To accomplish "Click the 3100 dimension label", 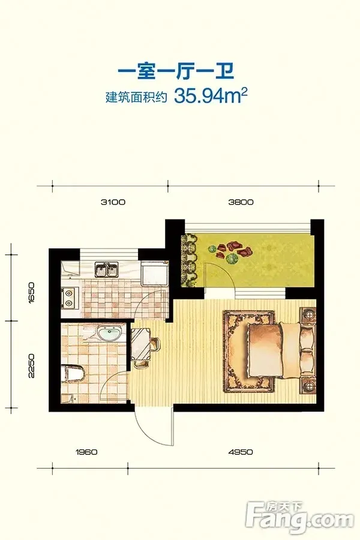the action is coord(113,202).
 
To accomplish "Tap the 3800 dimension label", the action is coord(241,202).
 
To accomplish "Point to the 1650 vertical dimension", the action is coord(32,292).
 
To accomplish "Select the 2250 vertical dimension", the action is coord(32,365).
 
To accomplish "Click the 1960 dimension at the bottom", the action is coord(86,451).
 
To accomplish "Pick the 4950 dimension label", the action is coord(241,451).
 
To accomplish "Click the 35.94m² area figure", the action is coord(211,95).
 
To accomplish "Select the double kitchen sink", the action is coord(107,269).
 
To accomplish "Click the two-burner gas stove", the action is coord(70,298).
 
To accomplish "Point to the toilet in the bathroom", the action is coord(73,374).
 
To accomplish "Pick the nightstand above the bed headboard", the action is coord(307,314).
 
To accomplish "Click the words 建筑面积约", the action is coord(136,97).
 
